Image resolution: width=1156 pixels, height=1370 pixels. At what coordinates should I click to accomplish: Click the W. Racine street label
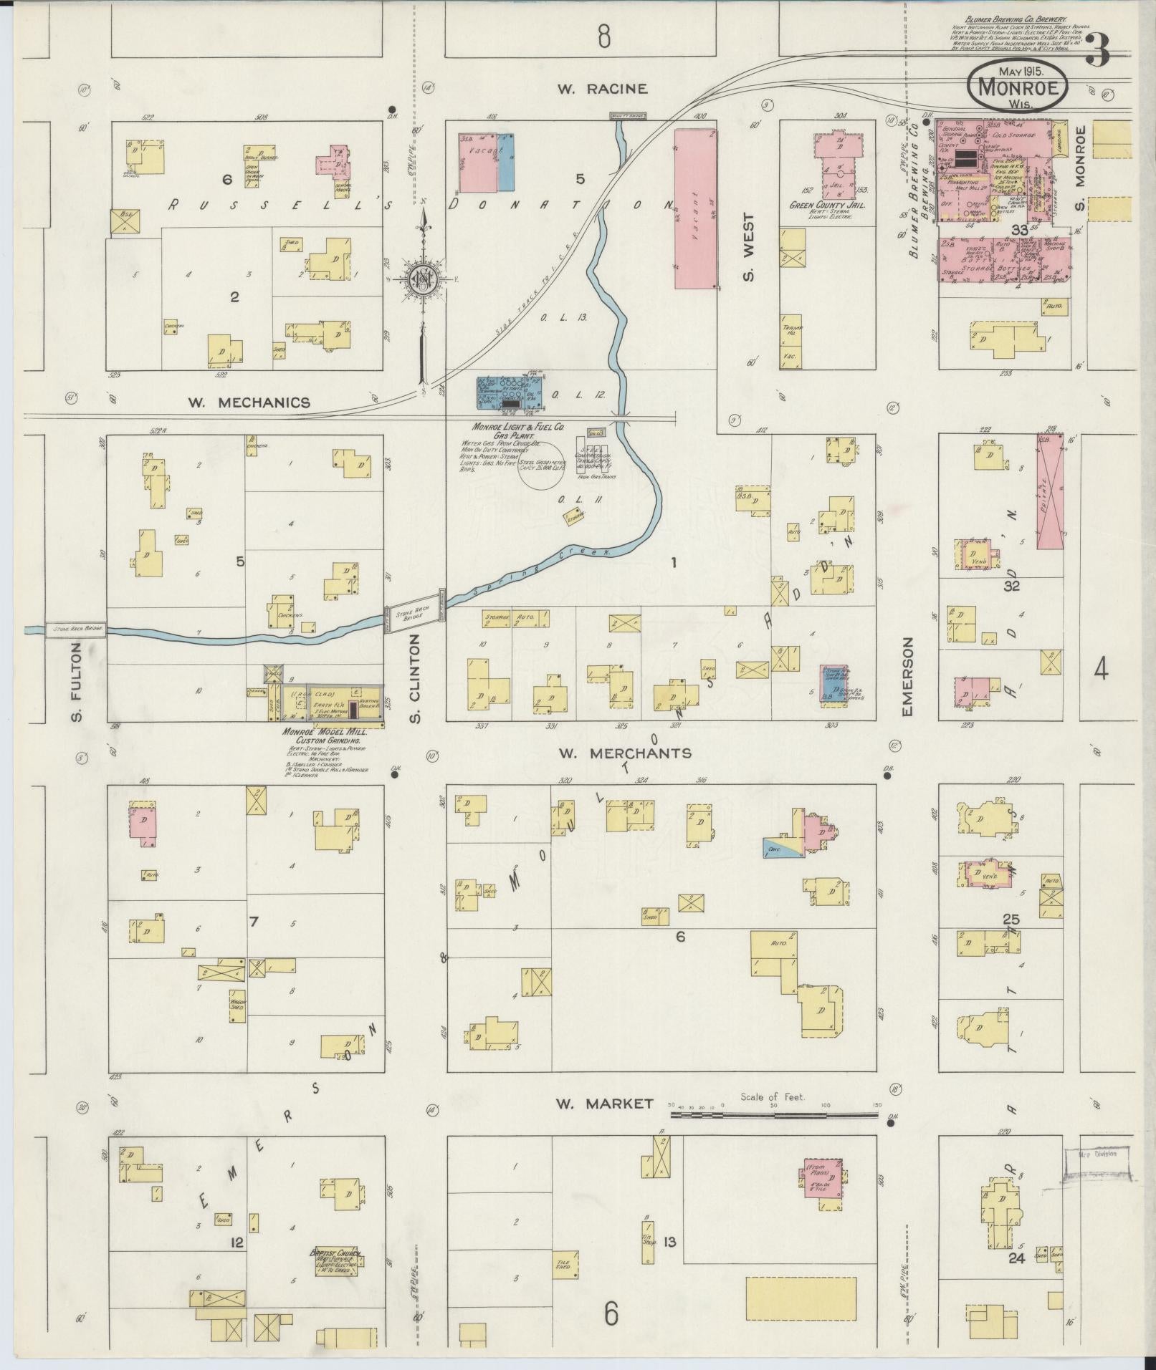603,89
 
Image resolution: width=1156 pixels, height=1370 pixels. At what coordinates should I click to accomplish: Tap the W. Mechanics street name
249,402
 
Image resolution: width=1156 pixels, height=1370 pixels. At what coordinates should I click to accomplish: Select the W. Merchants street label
624,753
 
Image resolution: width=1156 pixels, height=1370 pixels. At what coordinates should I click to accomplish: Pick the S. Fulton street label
77,682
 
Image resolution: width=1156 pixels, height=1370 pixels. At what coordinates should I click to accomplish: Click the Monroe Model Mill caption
322,733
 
